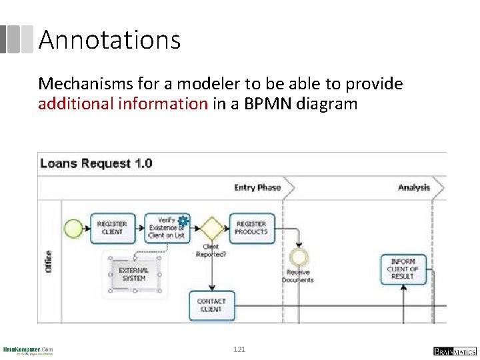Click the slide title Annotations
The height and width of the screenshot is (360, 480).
(109, 40)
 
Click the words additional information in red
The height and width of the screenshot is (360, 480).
(123, 103)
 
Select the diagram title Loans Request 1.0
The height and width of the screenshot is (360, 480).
(96, 163)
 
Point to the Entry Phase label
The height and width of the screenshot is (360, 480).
(257, 187)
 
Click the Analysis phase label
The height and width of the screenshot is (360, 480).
(414, 187)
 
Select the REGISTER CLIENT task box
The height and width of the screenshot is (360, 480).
(111, 228)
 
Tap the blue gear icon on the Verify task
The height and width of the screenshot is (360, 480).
(183, 221)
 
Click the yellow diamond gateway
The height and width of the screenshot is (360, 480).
(212, 228)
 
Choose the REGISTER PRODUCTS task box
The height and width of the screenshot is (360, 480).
(251, 228)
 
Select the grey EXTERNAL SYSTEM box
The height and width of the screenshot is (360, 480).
(133, 274)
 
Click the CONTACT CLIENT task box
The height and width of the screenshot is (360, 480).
(211, 305)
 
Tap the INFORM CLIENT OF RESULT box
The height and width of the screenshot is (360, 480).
(403, 269)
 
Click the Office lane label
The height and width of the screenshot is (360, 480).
(48, 261)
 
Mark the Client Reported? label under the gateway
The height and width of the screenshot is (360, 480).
(211, 251)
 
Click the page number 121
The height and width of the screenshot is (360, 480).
(239, 349)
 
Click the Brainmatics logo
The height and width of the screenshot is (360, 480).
(453, 350)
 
